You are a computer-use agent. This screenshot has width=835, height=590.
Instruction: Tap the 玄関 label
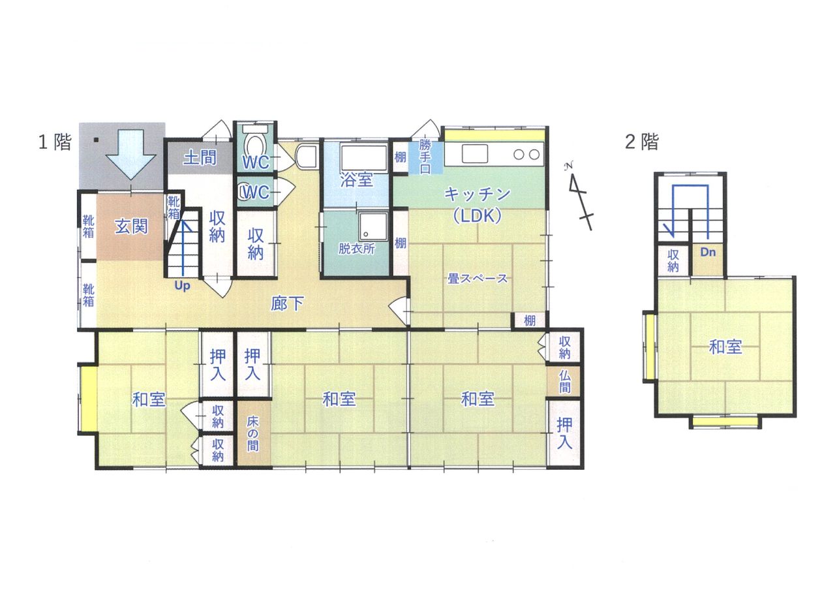click(x=131, y=226)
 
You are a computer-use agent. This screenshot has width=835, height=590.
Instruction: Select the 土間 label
click(x=200, y=157)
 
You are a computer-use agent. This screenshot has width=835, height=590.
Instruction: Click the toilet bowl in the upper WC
click(x=255, y=147)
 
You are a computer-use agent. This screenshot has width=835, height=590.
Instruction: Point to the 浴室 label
click(x=356, y=179)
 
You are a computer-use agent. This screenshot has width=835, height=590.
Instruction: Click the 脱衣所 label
click(x=356, y=249)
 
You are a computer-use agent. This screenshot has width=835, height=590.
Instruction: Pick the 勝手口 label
click(x=425, y=156)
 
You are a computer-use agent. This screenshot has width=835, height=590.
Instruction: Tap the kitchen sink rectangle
click(x=474, y=153)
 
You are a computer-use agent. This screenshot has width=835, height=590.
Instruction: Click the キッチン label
click(x=478, y=194)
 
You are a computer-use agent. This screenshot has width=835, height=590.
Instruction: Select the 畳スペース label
click(x=477, y=279)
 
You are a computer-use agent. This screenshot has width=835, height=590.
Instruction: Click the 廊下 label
click(x=287, y=303)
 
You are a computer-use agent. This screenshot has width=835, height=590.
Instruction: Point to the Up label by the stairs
click(x=182, y=286)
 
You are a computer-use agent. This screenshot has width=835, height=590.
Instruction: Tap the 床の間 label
click(x=252, y=434)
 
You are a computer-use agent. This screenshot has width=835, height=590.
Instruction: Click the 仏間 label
click(x=564, y=382)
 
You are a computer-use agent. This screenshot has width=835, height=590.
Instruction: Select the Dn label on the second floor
click(x=708, y=253)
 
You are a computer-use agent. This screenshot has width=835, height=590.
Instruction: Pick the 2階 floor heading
click(x=641, y=142)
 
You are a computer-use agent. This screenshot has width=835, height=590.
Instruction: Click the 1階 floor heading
click(x=55, y=142)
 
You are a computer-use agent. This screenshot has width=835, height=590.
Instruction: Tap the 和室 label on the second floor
click(x=725, y=347)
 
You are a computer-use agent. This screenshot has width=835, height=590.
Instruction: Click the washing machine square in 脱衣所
click(x=373, y=226)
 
